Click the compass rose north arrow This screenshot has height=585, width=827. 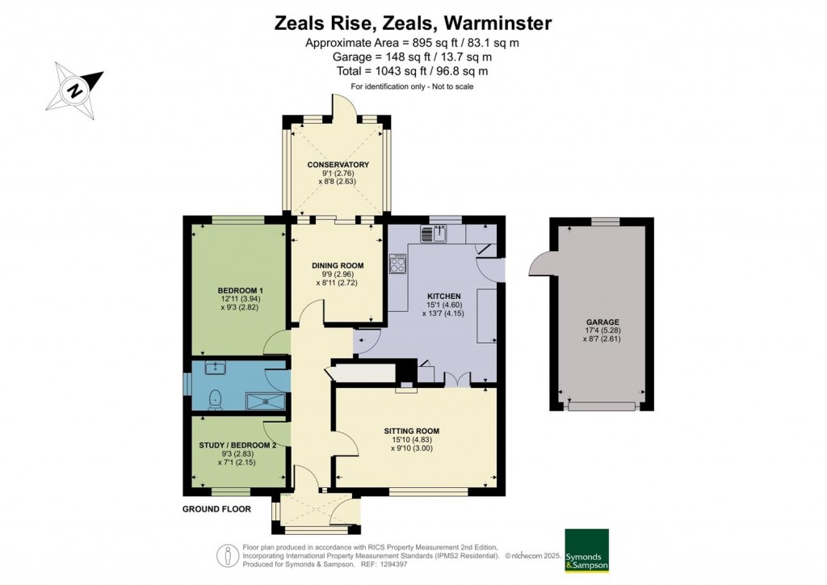tap(75, 89)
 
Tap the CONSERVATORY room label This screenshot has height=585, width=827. tap(338, 165)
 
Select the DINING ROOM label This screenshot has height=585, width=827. tap(338, 265)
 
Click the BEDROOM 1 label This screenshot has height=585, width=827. tap(241, 290)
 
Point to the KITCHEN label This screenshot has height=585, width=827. tap(443, 297)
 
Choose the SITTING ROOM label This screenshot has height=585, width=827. tap(411, 431)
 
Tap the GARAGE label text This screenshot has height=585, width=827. tap(602, 322)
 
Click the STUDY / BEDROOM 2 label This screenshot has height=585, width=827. tap(237, 445)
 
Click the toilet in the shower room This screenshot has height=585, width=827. tap(216, 399)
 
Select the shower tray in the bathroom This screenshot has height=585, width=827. tap(267, 402)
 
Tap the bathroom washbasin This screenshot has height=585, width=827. tap(215, 368)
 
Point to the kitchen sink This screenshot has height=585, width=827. tap(434, 234)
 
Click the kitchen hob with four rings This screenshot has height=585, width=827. tap(397, 263)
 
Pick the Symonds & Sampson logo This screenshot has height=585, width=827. tap(586, 550)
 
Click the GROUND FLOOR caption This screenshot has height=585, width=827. tap(216, 509)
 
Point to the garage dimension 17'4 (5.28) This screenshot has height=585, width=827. tap(602, 330)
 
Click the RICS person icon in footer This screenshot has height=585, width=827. tap(228, 557)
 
